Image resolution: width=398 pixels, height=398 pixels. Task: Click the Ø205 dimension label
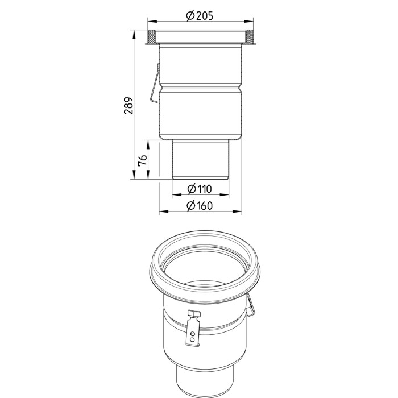200,16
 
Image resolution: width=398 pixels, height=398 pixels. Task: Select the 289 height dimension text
128,105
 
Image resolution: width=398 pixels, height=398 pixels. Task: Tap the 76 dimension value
142,160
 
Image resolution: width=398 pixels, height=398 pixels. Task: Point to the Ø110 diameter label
199,189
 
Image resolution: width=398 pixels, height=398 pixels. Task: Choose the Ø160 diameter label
199,205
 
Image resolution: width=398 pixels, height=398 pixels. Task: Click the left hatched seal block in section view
152,37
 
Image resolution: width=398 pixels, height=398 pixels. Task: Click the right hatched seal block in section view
249,37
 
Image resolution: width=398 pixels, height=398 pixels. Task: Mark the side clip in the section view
155,84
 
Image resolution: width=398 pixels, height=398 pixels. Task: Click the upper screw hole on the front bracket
193,333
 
